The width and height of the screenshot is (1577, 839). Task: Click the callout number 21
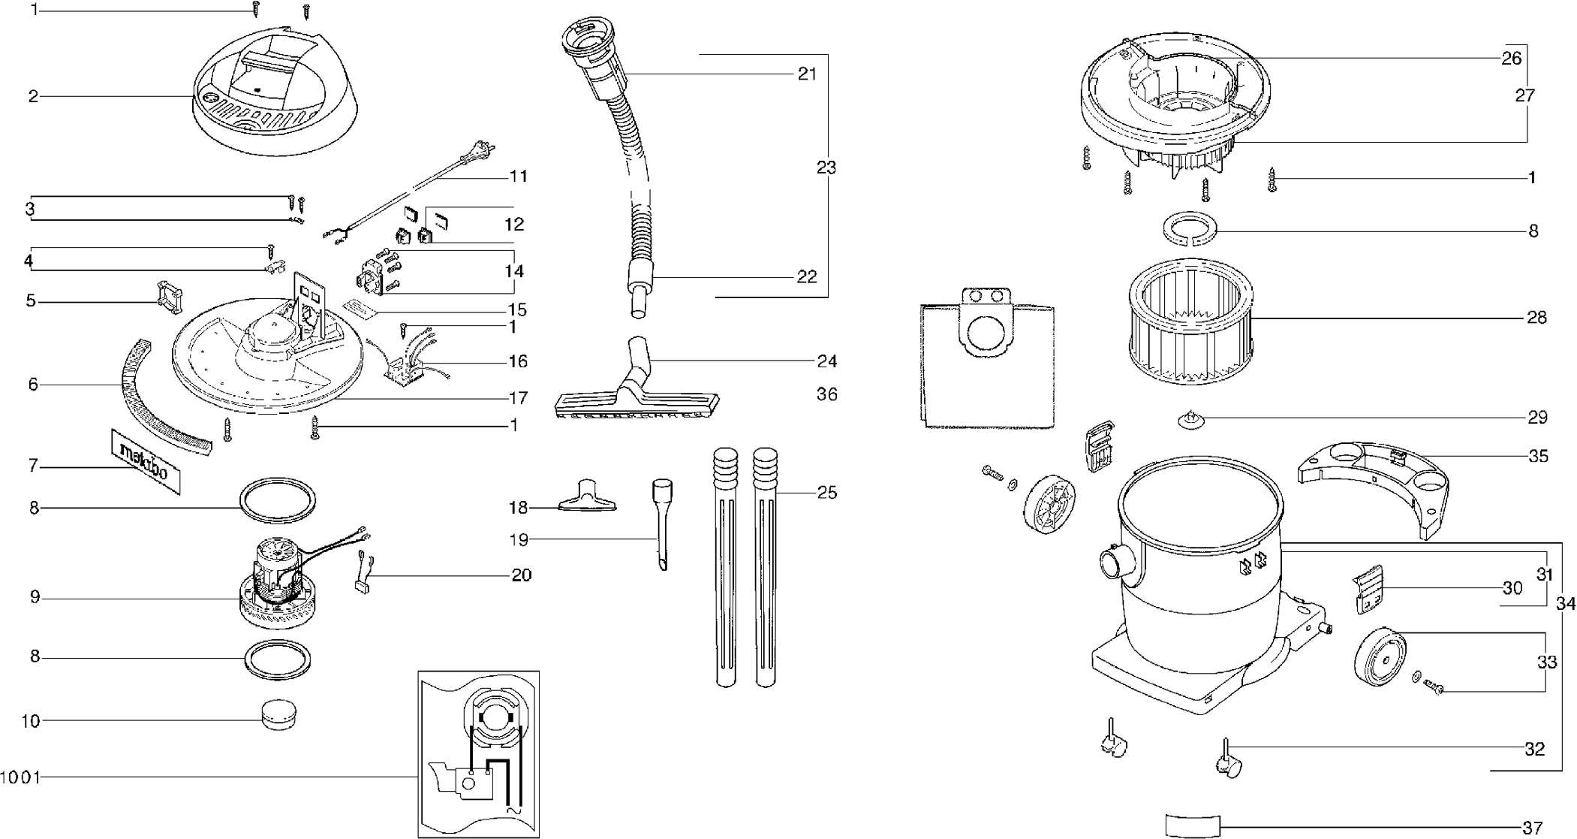[807, 74]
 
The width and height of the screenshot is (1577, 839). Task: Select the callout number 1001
[20, 777]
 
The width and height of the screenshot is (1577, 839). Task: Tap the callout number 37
[1532, 828]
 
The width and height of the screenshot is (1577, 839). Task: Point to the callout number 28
[1536, 318]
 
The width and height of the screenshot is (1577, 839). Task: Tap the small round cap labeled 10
[278, 715]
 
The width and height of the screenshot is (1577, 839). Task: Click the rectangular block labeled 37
[1193, 825]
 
